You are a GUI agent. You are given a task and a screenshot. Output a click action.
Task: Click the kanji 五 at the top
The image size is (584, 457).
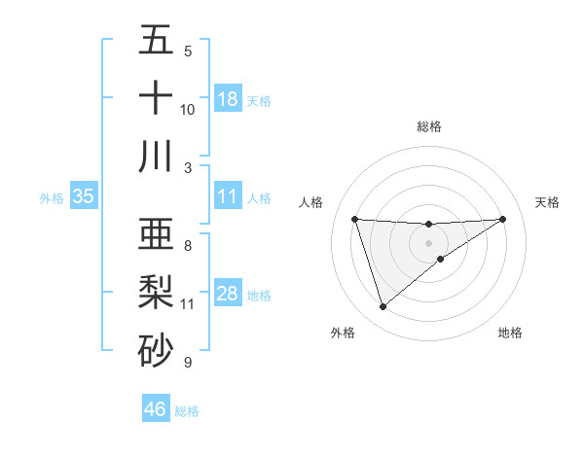coord(156,40)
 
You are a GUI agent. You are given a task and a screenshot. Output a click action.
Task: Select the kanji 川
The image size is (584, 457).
coord(156,157)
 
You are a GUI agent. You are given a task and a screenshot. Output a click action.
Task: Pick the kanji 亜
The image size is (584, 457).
coord(156,234)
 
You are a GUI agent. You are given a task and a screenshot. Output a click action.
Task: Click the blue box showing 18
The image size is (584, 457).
coord(228,99)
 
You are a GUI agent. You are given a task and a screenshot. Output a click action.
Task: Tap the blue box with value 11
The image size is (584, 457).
coord(228,196)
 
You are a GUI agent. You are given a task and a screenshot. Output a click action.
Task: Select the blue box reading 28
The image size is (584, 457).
coord(228,294)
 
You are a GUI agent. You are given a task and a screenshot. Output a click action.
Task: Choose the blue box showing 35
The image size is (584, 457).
coord(84,196)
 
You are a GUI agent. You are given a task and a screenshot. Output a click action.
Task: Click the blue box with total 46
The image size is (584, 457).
coord(156,409)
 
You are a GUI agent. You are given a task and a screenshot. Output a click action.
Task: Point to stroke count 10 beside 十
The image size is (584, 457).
coord(188,110)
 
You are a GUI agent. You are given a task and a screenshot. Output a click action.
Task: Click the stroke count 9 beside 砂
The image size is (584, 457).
coord(187,363)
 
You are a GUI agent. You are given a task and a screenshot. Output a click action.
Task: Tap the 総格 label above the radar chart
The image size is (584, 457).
coord(429,127)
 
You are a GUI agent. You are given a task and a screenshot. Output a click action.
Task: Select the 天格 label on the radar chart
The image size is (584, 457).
coord(547,202)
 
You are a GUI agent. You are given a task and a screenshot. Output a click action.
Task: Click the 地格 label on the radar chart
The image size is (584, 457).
coord(510,333)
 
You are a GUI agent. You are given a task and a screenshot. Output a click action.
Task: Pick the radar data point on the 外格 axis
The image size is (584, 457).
coord(383,307)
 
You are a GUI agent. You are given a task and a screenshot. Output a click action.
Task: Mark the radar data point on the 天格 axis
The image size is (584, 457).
coord(503,219)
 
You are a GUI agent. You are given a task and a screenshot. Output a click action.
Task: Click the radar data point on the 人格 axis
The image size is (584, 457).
coord(355,219)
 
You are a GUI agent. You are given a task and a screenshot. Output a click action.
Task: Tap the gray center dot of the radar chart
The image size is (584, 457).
coord(429,242)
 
